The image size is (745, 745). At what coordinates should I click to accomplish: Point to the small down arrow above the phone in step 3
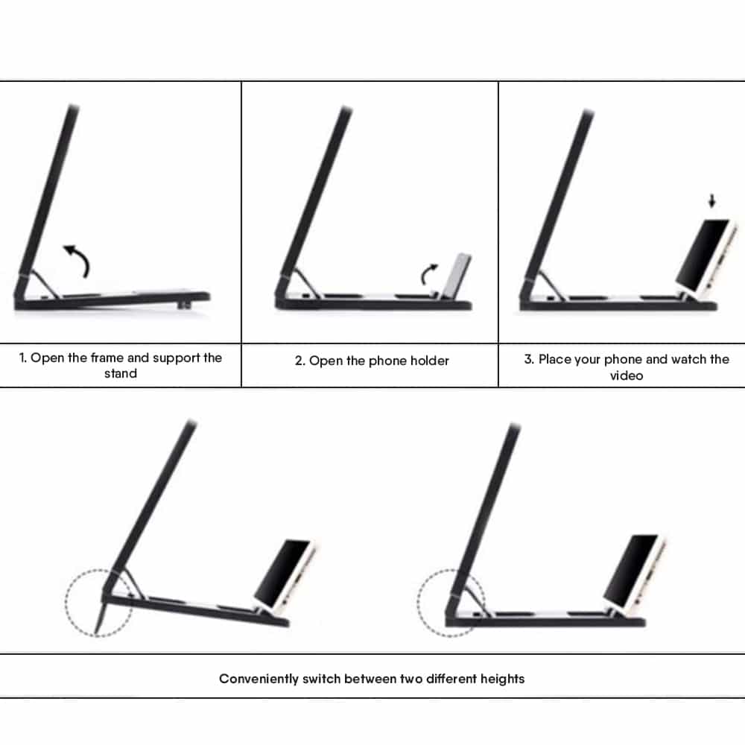pyautogui.click(x=711, y=200)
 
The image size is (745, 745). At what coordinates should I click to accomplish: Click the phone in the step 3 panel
pyautogui.click(x=706, y=256)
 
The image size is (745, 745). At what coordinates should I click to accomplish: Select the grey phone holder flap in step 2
pyautogui.click(x=456, y=276)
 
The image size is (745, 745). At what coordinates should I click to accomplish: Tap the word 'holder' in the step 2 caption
pyautogui.click(x=430, y=361)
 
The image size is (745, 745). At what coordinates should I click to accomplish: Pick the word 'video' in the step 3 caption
pyautogui.click(x=627, y=375)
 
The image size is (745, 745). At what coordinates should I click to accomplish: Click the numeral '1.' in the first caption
pyautogui.click(x=23, y=358)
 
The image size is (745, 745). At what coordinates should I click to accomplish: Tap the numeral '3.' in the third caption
pyautogui.click(x=529, y=359)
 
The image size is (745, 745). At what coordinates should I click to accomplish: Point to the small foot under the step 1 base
pyautogui.click(x=183, y=305)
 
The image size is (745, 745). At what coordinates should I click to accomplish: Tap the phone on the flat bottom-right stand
pyautogui.click(x=634, y=571)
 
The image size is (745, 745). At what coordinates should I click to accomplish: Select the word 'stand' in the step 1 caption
pyautogui.click(x=121, y=373)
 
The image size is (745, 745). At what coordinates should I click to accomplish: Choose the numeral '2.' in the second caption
pyautogui.click(x=299, y=361)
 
